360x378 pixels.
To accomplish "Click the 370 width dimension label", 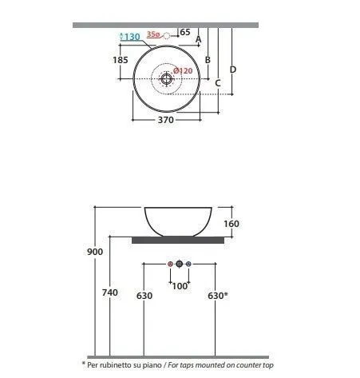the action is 166,120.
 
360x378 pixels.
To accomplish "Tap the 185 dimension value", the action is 121,60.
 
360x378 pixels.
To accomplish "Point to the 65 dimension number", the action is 185,32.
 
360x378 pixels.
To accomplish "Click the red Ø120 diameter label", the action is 183,71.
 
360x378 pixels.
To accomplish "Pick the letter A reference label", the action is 198,39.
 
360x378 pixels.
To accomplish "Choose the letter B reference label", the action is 208,60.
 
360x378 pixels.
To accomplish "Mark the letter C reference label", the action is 218,83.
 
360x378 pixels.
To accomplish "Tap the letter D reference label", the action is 233,70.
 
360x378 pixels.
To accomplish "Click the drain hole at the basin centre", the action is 166,78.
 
